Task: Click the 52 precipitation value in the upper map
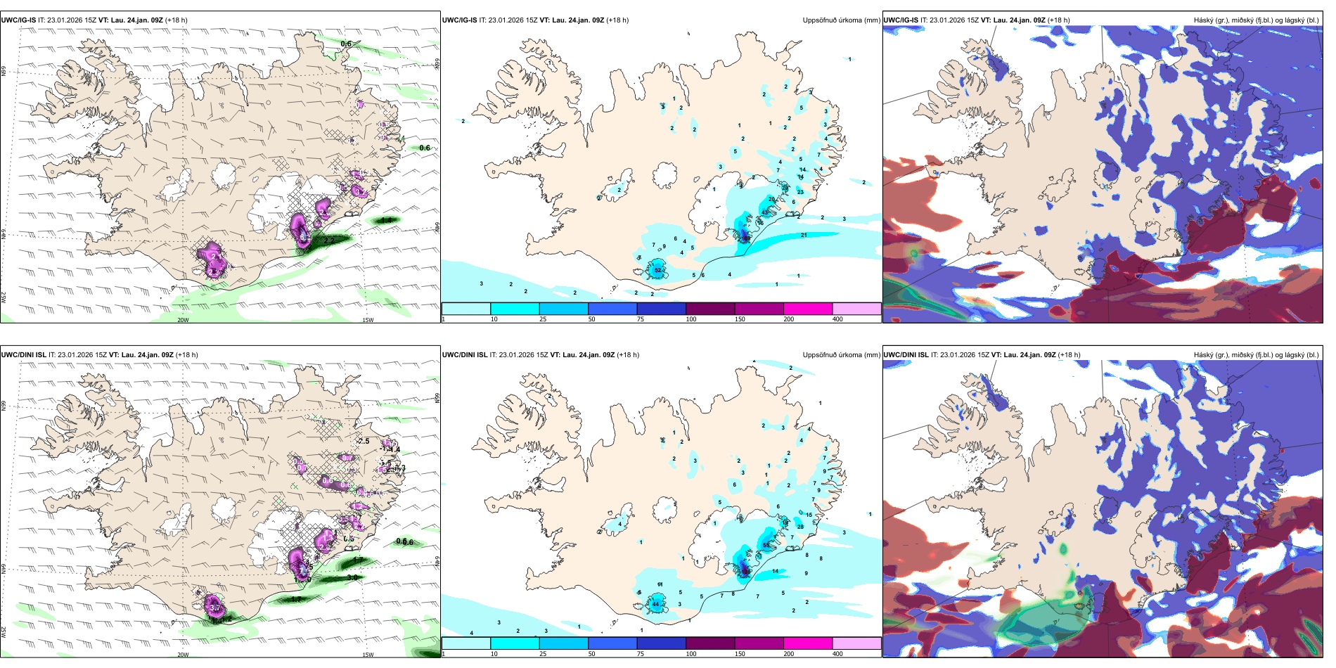click(x=658, y=270)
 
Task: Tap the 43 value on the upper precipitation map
click(x=764, y=212)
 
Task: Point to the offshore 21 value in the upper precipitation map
click(x=804, y=235)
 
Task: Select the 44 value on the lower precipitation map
click(x=655, y=604)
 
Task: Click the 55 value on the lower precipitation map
click(x=766, y=546)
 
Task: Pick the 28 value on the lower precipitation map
click(x=800, y=527)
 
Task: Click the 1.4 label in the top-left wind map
click(x=387, y=220)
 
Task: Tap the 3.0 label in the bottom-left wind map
click(x=352, y=577)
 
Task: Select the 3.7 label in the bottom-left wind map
click(x=215, y=608)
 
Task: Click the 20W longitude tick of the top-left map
click(x=183, y=320)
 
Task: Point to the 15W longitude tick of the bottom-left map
click(x=368, y=655)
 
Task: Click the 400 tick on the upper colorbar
click(x=837, y=319)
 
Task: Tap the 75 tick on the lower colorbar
click(x=641, y=654)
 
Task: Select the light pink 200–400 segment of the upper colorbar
click(x=856, y=309)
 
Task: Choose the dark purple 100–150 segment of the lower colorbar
click(x=709, y=643)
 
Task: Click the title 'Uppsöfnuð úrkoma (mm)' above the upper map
click(x=841, y=20)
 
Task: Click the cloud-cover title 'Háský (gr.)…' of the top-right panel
click(x=1256, y=20)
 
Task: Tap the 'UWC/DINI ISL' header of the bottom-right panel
click(x=906, y=355)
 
